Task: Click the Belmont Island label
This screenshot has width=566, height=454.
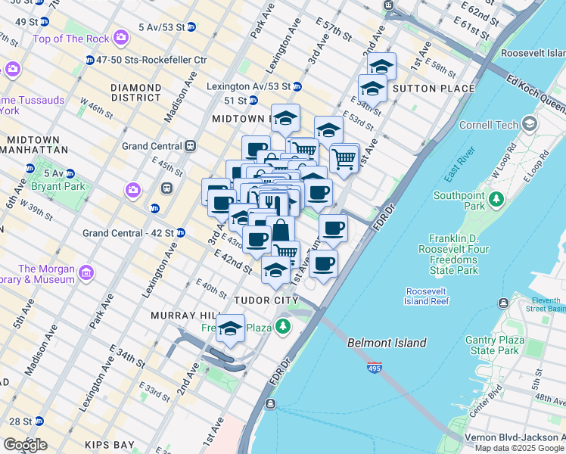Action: pyautogui.click(x=387, y=343)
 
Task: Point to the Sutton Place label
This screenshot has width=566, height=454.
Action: pyautogui.click(x=434, y=89)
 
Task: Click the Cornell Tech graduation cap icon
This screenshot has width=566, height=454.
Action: pyautogui.click(x=530, y=123)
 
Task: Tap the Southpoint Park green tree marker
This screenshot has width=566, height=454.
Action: pyautogui.click(x=496, y=199)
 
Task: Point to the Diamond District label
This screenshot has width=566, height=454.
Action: pyautogui.click(x=135, y=92)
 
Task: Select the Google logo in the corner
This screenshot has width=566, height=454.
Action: pyautogui.click(x=24, y=445)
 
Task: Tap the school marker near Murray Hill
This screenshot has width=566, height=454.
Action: pyautogui.click(x=230, y=329)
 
